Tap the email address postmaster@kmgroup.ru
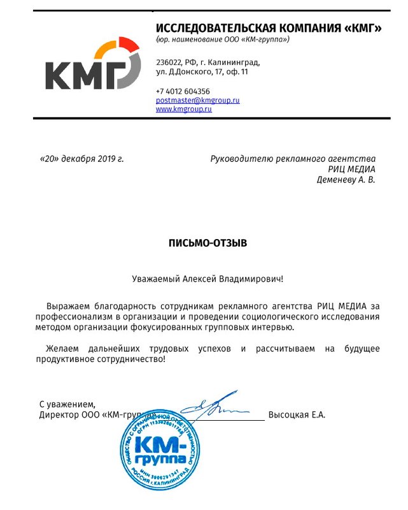click(197, 101)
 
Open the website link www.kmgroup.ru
click(183, 109)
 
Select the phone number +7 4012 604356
click(183, 91)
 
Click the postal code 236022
click(169, 63)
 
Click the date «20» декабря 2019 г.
click(81, 159)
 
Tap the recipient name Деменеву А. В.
click(346, 180)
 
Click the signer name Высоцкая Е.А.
click(297, 415)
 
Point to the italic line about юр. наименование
click(223, 40)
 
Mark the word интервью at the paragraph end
click(274, 327)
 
